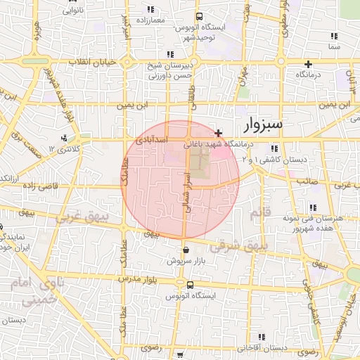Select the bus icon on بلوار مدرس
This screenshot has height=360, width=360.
pos(190,285)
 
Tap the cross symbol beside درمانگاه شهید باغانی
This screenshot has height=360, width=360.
pos(219,132)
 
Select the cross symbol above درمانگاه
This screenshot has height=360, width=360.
pos(308,64)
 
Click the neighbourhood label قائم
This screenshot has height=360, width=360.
pos(259,213)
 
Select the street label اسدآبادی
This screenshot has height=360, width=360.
pos(151,141)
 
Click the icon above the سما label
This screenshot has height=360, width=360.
pos(334,35)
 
